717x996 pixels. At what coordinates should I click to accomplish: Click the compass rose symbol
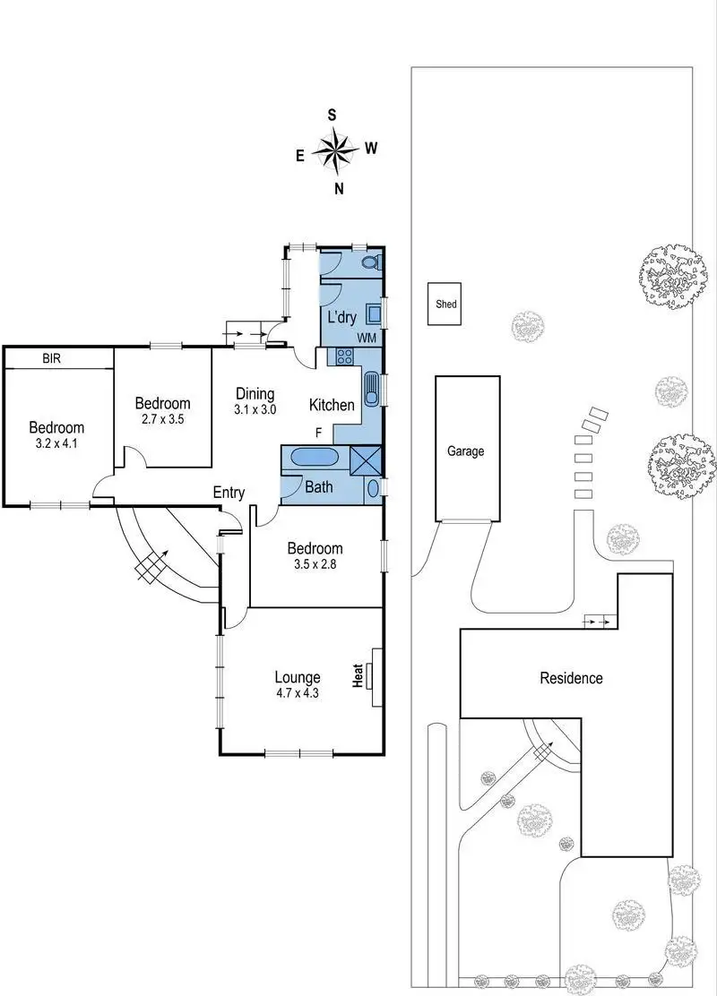tap(336, 150)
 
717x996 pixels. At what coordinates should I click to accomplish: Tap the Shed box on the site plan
tap(446, 305)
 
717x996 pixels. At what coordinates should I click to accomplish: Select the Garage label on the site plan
tap(465, 451)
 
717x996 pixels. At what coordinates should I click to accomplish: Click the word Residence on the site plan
tap(571, 678)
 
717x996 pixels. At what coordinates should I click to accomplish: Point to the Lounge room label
tap(298, 677)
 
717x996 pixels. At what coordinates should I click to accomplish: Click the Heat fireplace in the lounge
tap(377, 675)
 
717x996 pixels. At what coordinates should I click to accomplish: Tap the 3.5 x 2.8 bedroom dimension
tap(314, 564)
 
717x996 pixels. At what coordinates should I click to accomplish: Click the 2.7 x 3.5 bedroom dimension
tap(162, 418)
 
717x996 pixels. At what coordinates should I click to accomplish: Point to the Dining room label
tap(255, 393)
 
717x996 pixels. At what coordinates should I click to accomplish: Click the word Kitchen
tap(332, 406)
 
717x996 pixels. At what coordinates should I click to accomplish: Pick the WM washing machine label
tap(366, 338)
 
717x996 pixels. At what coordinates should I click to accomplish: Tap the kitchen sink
tap(371, 391)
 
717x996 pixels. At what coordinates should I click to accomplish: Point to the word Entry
tap(229, 492)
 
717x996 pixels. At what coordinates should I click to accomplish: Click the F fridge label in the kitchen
tap(318, 433)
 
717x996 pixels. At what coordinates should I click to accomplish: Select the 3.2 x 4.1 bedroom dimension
tap(56, 442)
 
